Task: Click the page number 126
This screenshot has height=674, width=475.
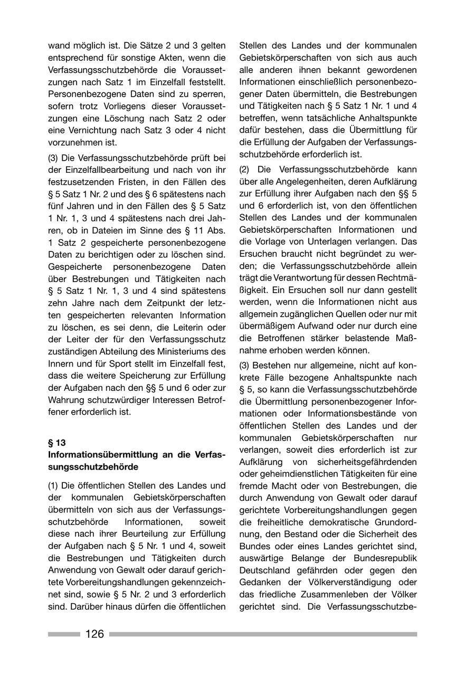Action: pos(94,634)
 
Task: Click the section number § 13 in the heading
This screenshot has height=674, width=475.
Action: pos(57,442)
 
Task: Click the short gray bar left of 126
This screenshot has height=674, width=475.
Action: pos(64,634)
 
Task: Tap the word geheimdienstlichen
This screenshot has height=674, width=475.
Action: pos(303,473)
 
